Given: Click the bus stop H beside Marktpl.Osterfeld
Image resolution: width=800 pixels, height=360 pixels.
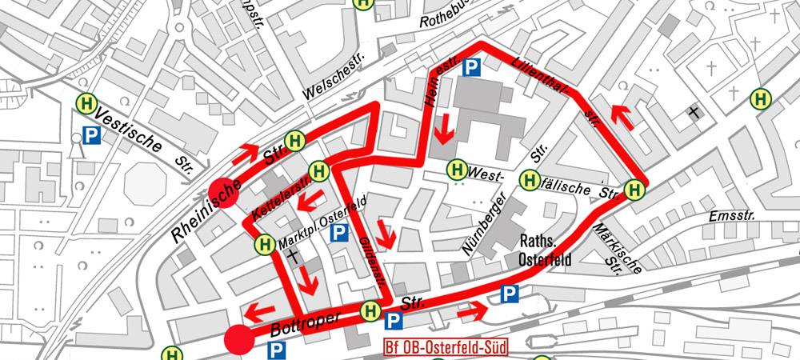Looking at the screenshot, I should click(264, 242).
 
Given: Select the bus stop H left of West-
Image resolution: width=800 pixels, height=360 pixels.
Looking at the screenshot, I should click(457, 170).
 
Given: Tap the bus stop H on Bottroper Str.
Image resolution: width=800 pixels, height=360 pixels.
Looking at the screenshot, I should click(370, 310).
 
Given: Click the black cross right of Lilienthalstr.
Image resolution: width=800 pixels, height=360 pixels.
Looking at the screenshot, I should click(694, 112).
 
